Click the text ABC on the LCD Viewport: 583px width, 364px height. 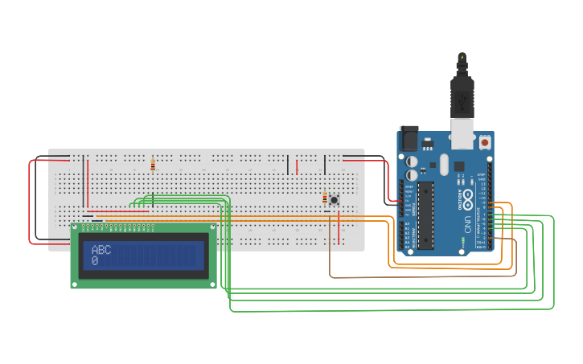tap(101, 250)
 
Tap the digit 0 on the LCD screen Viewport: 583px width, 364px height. tap(95, 261)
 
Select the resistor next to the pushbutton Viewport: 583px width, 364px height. tap(325, 198)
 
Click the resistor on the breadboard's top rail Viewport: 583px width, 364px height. tap(153, 166)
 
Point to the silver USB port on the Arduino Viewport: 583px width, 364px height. tap(462, 134)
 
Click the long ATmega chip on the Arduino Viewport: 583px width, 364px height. tap(426, 215)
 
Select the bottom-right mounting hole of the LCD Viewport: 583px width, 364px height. tap(212, 283)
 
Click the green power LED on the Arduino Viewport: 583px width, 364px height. tap(463, 240)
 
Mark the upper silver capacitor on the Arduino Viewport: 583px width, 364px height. tap(413, 160)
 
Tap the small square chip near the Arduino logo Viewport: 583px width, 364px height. tap(459, 166)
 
